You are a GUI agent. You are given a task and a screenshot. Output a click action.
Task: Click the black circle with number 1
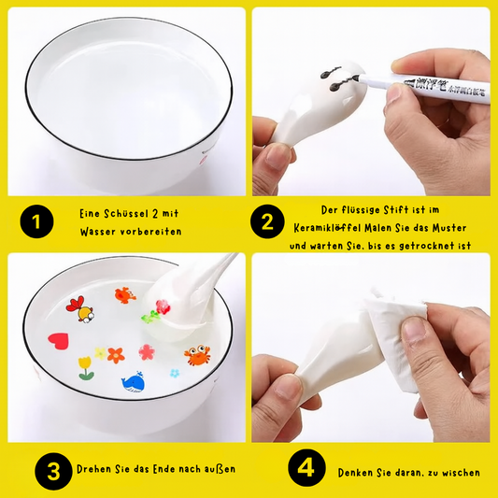pos(36,221)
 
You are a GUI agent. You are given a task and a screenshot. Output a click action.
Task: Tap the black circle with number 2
pos(267,221)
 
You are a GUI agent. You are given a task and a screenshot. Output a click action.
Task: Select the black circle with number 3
pos(53,471)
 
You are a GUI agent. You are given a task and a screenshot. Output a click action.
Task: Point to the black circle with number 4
pos(306,468)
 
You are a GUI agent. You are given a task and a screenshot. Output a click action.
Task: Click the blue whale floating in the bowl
pos(134,382)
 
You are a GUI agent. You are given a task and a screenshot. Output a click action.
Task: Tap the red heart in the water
pos(59,341)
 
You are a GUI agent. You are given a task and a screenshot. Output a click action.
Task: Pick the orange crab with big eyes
pos(197,355)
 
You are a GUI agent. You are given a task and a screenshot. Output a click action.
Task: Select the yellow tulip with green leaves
pos(86,368)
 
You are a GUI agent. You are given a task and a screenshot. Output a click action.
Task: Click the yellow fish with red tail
pos(80,309)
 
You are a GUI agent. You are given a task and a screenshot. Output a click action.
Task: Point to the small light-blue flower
pos(175,373)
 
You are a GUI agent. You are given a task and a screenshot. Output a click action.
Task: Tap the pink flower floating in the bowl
pos(147,352)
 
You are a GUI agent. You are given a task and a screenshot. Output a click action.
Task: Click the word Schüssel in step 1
pos(126,214)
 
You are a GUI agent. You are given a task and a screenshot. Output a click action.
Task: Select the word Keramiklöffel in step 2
pos(327,228)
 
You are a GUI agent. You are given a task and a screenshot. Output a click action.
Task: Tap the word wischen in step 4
pos(461,473)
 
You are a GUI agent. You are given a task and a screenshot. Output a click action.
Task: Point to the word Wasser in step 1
pos(97,232)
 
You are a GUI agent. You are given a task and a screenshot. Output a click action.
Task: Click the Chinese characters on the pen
pos(446,87)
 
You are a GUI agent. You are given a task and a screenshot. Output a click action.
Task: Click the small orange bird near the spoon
pos(125,295)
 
